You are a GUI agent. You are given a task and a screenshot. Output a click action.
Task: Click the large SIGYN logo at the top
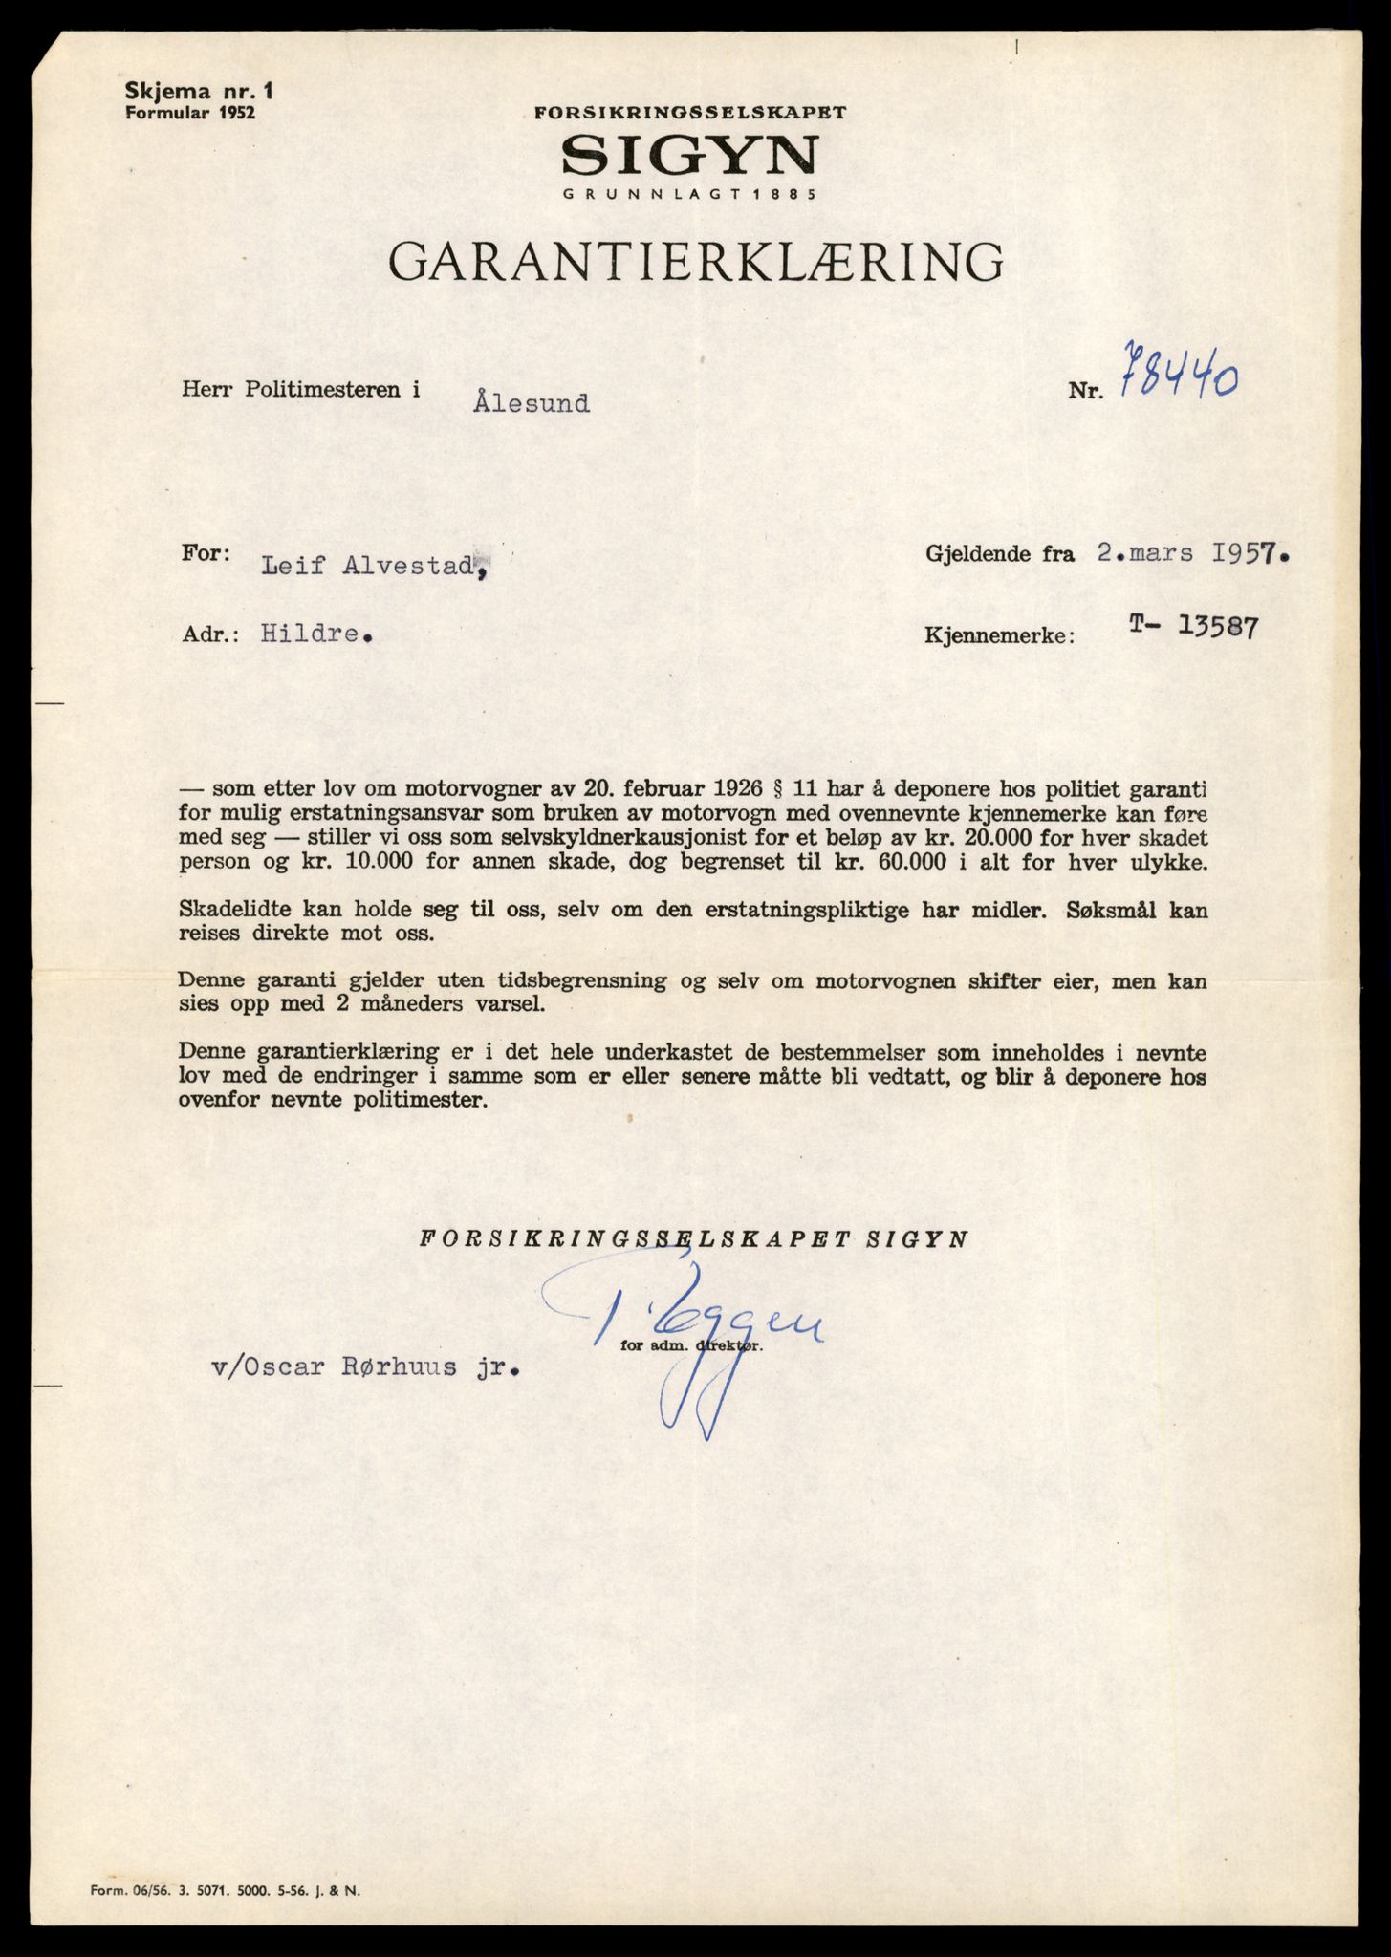click(690, 155)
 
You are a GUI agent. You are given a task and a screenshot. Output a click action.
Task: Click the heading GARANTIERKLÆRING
click(697, 262)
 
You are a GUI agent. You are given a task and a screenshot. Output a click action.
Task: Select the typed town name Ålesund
click(531, 403)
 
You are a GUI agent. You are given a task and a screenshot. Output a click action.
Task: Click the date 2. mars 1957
click(1191, 554)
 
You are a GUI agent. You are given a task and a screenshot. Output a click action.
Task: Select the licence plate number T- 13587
click(1192, 627)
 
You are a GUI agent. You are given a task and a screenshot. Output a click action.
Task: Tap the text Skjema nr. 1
click(198, 92)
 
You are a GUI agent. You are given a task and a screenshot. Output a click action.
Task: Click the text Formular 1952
click(191, 112)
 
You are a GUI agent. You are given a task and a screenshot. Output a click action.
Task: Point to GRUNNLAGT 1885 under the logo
click(689, 194)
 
